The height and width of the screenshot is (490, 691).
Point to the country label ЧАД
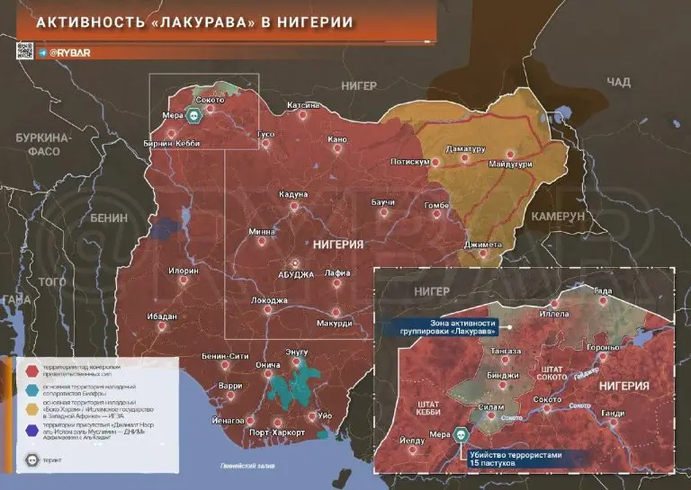(618, 82)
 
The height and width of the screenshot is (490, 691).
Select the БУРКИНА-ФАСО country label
(42, 145)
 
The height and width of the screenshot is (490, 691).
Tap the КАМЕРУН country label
(557, 218)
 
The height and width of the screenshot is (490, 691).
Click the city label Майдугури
(510, 165)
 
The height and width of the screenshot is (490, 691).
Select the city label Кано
(337, 139)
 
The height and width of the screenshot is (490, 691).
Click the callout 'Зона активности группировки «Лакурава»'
(438, 326)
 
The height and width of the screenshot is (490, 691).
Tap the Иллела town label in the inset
(554, 314)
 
